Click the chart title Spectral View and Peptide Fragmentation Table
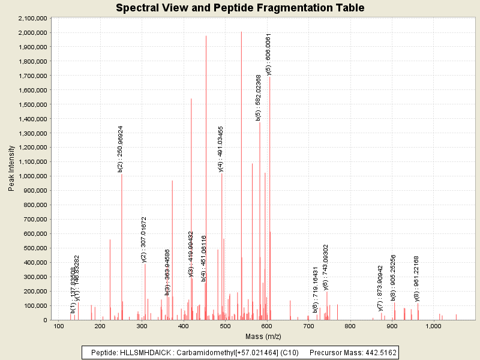pos(240,8)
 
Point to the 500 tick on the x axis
pos(225,326)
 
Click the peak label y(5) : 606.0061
pos(269,54)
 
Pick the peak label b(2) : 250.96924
pos(121,149)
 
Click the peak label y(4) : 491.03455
pos(221,149)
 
